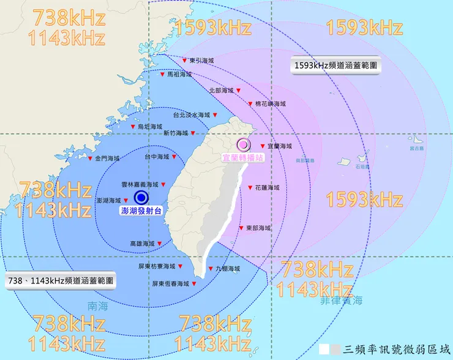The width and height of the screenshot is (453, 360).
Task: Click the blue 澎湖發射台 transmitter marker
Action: tap(141, 197)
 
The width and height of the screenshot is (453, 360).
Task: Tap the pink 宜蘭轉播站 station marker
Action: tap(244, 144)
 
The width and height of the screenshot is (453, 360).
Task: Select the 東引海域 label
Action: tap(202, 60)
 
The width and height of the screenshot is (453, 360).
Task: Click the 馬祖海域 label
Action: tap(179, 74)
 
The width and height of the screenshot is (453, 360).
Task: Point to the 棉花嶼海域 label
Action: tap(271, 104)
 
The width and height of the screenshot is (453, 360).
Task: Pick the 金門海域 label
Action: tap(107, 158)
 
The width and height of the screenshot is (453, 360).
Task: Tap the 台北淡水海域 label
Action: tap(191, 114)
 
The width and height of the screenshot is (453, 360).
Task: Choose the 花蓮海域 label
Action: tap(267, 187)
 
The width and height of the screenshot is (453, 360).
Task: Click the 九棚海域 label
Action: tap(228, 268)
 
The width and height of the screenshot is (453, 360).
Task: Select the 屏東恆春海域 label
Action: tap(171, 283)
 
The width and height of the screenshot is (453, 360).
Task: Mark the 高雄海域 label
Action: tap(142, 244)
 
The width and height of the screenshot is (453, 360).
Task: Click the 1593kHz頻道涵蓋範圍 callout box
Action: tap(335, 65)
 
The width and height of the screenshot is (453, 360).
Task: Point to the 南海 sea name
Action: tap(97, 307)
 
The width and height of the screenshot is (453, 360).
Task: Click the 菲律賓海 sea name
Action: tap(340, 301)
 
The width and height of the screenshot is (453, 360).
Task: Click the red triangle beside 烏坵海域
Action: tap(133, 126)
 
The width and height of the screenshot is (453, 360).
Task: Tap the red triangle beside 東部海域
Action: tap(241, 228)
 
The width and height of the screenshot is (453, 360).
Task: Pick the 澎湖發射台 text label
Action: tap(141, 211)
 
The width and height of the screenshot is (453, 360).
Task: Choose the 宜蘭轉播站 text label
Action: tap(243, 157)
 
